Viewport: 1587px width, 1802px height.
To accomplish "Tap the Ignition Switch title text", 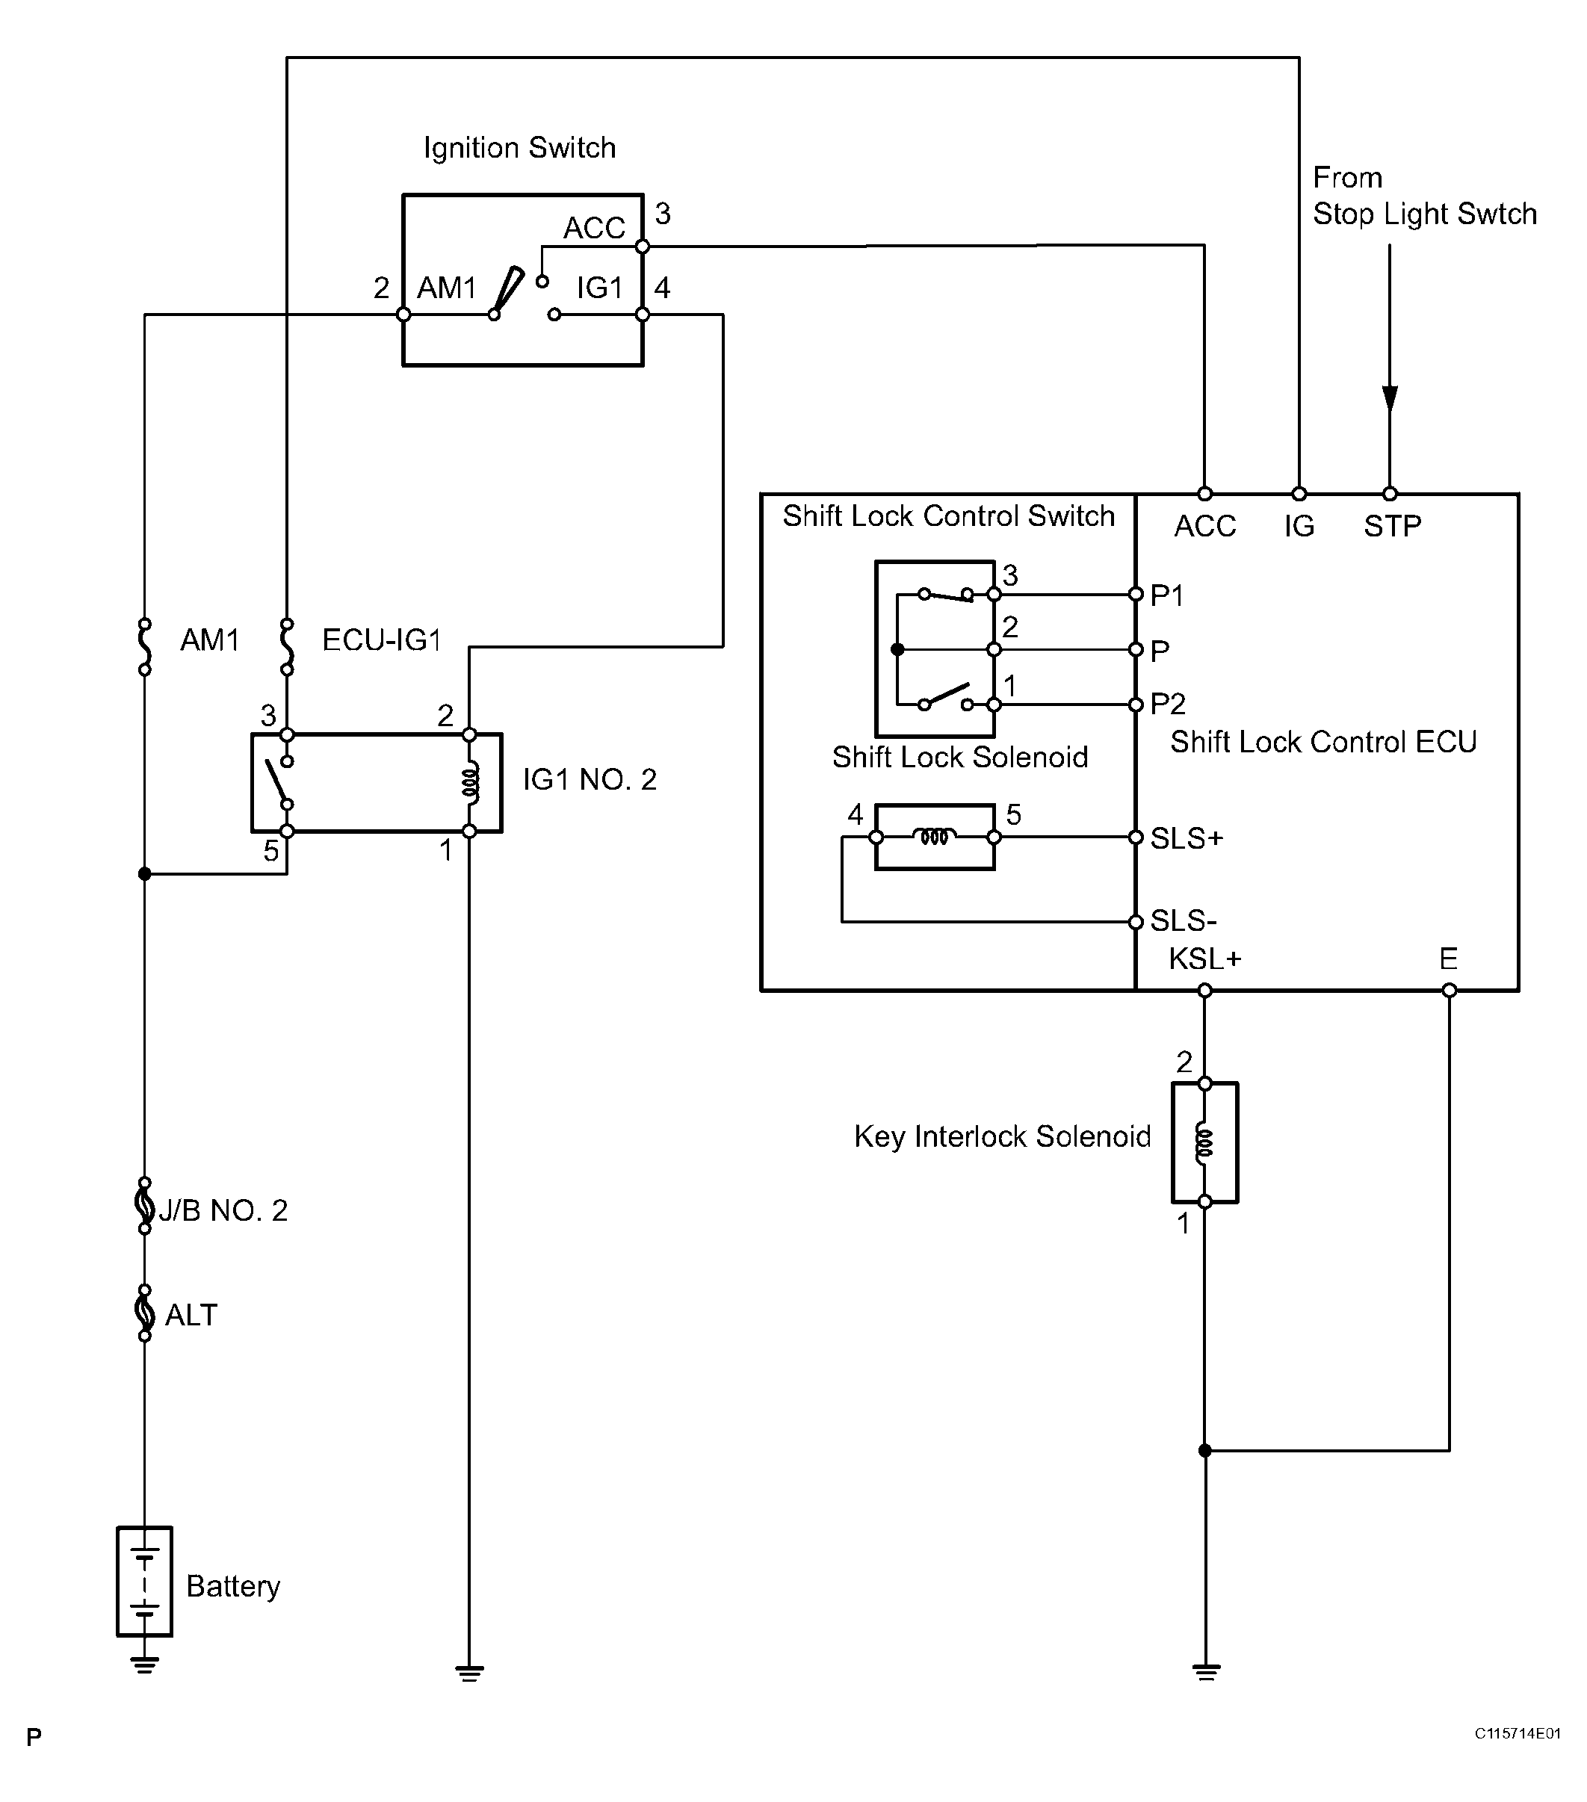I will point(519,147).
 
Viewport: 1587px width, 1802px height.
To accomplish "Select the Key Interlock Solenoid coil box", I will point(1204,1142).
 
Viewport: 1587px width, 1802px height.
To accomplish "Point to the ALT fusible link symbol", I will point(145,1313).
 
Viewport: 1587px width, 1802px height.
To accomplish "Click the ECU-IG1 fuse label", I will point(381,640).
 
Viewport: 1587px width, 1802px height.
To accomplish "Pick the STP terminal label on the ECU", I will point(1392,526).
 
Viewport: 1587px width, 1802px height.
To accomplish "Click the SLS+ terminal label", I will point(1187,838).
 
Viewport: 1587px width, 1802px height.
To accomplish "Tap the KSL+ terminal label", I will point(1204,959).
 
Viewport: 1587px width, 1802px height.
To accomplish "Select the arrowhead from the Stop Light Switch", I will point(1390,400).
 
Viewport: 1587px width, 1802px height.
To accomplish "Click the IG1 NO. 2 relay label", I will point(589,779).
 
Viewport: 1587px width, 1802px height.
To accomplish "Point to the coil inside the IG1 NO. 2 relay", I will point(471,783).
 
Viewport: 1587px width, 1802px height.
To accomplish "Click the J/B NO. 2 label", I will point(223,1210).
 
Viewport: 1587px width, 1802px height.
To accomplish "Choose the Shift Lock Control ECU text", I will point(1322,743).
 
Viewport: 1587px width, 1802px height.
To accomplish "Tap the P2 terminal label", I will point(1167,704).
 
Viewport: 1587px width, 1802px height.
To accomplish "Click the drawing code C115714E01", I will point(1518,1733).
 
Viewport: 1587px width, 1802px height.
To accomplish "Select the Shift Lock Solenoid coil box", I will point(935,837).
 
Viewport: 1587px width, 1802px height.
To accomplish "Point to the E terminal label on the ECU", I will point(1448,959).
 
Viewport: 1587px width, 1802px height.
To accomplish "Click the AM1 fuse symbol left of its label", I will point(145,645).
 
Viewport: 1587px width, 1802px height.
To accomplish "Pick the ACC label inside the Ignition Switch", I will point(593,229).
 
